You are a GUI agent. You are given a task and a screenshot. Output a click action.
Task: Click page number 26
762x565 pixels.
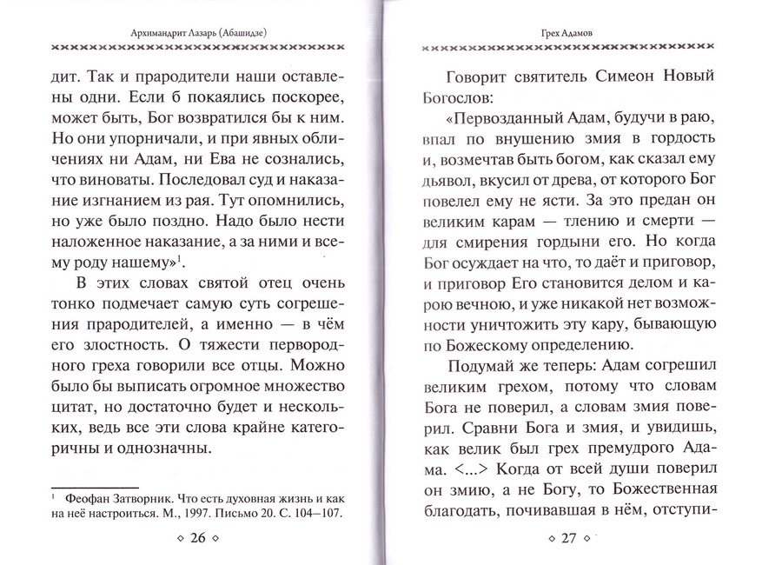(x=196, y=538)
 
